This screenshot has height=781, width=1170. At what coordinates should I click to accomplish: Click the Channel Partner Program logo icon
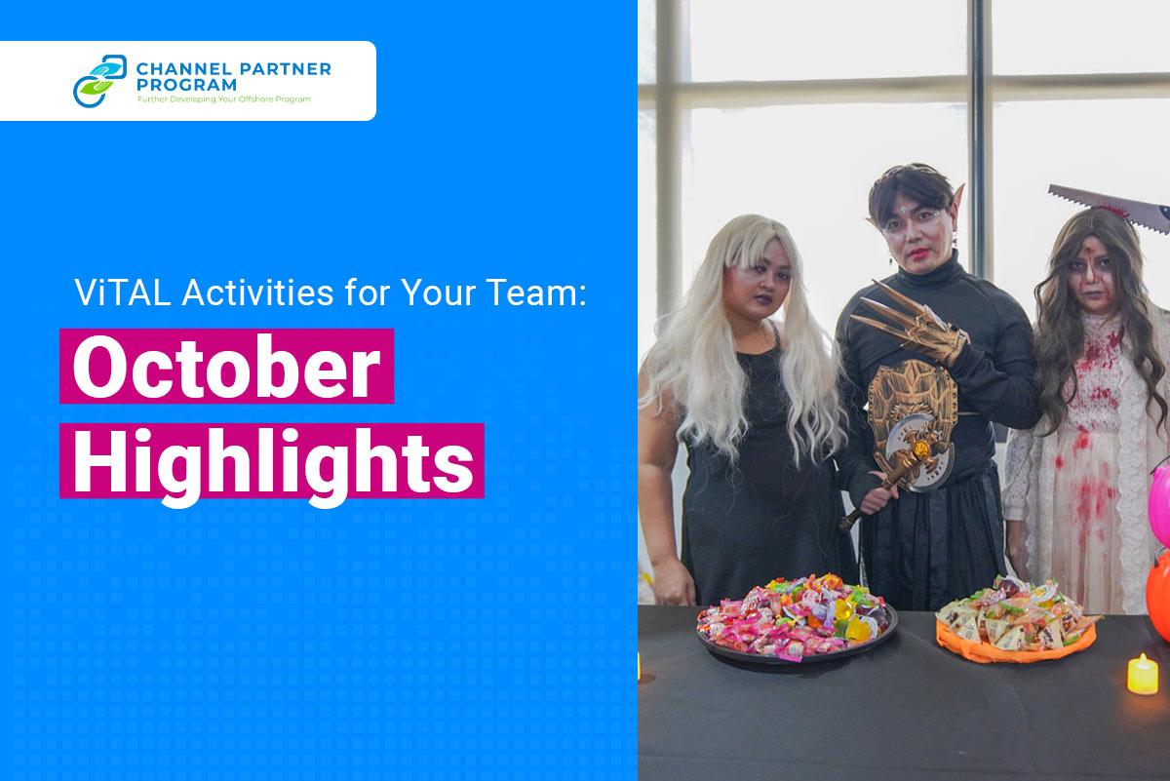tap(99, 81)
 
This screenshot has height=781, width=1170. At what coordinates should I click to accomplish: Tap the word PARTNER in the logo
tap(285, 69)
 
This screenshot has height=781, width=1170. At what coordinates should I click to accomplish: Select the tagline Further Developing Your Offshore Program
tap(224, 99)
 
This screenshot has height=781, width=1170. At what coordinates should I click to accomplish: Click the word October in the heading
tap(226, 367)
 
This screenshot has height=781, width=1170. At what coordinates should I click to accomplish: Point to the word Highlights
tap(273, 462)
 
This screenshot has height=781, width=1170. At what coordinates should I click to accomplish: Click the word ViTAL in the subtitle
tap(123, 293)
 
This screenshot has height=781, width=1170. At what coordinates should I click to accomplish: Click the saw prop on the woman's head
tap(1110, 207)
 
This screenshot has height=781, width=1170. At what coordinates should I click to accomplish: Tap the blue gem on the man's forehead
tap(903, 211)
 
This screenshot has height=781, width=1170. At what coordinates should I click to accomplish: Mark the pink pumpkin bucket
tap(1160, 505)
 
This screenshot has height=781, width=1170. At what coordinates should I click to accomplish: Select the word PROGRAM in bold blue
tap(186, 85)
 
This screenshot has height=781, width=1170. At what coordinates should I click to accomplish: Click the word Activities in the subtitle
tap(257, 293)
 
